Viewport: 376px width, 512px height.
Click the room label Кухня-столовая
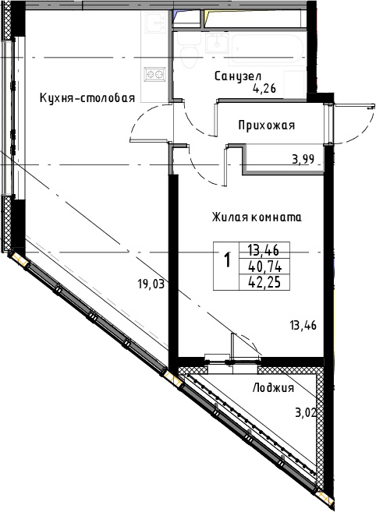[87, 98]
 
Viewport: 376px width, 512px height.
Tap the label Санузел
[238, 76]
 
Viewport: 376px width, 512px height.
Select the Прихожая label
[267, 125]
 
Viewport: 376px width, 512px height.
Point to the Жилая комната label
[257, 217]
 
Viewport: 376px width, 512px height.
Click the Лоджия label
[273, 388]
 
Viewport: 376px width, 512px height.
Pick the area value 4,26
[264, 89]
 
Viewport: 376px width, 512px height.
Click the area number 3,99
[303, 159]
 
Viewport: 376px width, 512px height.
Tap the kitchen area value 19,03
[151, 284]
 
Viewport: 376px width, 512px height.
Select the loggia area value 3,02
[305, 413]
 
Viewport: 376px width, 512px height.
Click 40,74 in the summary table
[264, 267]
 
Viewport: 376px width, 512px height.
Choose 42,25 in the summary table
[264, 282]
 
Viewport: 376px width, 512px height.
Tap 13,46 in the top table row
[264, 251]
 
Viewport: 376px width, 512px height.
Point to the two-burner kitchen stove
[154, 75]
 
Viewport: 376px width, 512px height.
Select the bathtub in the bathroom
[268, 48]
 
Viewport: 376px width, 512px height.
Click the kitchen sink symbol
[155, 23]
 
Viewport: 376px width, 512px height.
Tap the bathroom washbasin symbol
[218, 43]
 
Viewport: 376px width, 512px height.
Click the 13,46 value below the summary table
[303, 326]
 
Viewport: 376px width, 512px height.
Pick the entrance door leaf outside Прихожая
[353, 105]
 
